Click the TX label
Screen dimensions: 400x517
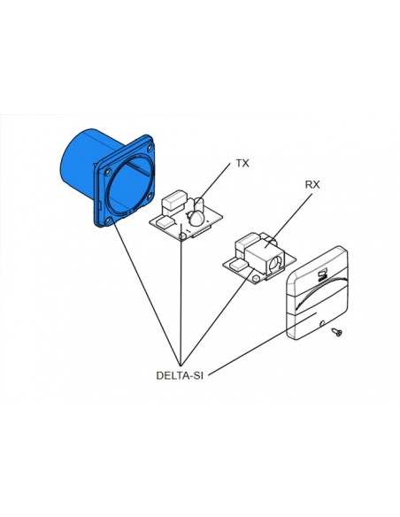click(242, 163)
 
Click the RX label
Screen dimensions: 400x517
click(312, 185)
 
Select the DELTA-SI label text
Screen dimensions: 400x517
click(180, 375)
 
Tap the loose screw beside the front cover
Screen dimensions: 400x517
click(337, 332)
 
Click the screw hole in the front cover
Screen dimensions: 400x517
click(322, 322)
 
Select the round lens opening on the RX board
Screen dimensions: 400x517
click(274, 265)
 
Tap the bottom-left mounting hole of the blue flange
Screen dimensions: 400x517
click(108, 220)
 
